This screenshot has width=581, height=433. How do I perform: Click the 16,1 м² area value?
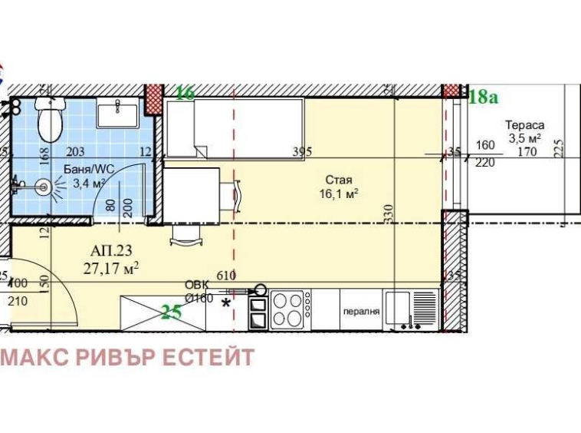pos(339,194)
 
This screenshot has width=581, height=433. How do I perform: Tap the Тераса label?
pos(524,125)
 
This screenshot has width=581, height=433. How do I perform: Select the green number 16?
pos(185,93)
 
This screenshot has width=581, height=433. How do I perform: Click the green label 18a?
pos(483,96)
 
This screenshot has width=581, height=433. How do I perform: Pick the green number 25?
pos(172,311)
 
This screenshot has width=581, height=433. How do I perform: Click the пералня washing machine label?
pos(361,312)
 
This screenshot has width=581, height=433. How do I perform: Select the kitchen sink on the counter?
pos(399,309)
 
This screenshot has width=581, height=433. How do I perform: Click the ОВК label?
pos(196,286)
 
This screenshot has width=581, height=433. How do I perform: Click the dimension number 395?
pos(302,151)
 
